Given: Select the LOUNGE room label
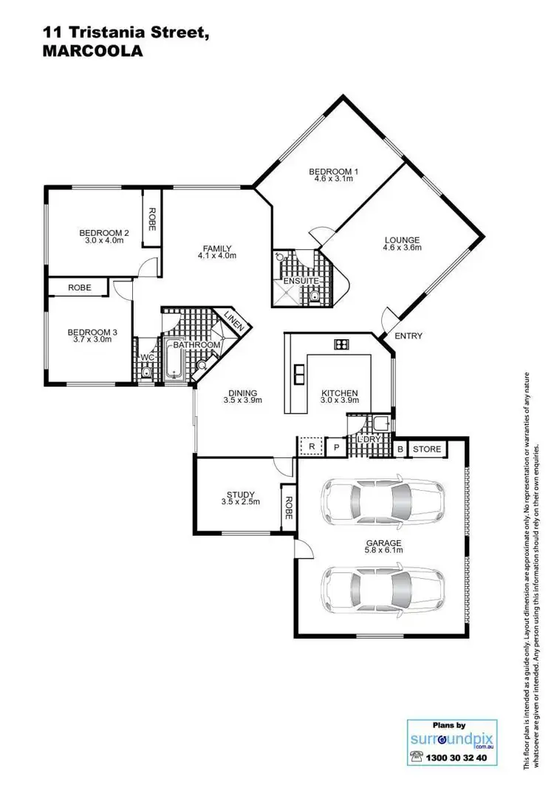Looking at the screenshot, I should pyautogui.click(x=402, y=239).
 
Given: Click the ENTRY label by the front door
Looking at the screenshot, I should pyautogui.click(x=408, y=336).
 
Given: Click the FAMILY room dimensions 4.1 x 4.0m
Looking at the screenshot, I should pyautogui.click(x=216, y=256).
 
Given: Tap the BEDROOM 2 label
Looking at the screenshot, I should pyautogui.click(x=104, y=233).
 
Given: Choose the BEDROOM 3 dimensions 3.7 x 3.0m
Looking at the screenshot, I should pyautogui.click(x=92, y=341).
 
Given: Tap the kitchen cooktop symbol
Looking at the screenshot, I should pyautogui.click(x=341, y=344).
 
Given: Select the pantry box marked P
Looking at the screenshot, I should pyautogui.click(x=336, y=446).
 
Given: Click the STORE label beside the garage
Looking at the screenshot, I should pyautogui.click(x=426, y=449).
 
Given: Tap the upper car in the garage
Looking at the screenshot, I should pyautogui.click(x=383, y=499).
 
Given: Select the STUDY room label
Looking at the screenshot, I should pyautogui.click(x=241, y=495).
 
